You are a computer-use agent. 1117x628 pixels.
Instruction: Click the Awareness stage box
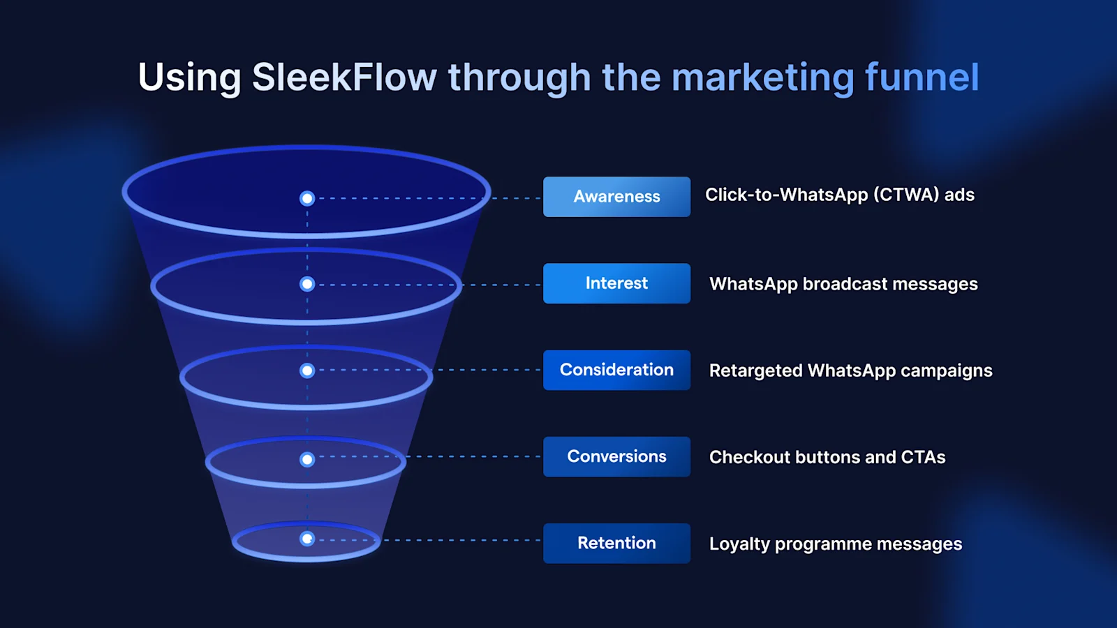(616, 197)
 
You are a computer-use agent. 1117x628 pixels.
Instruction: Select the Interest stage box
(616, 283)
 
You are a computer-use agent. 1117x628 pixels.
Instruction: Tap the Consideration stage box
(616, 370)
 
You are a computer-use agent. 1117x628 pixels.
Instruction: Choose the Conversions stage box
(616, 456)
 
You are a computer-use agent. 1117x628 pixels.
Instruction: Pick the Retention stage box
(616, 543)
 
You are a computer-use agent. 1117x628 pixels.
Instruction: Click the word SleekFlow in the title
(344, 77)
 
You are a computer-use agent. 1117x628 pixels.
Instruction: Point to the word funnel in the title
(922, 77)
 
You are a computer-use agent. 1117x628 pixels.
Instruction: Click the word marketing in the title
(762, 78)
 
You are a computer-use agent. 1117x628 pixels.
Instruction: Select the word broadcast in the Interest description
(845, 284)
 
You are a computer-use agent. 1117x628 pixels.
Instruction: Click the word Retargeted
(755, 371)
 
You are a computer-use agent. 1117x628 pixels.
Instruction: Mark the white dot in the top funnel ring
(307, 198)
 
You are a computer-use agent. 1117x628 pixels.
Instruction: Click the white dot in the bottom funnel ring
(307, 539)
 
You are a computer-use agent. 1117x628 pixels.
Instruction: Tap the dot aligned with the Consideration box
(307, 371)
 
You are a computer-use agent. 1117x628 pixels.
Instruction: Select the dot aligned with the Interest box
(307, 284)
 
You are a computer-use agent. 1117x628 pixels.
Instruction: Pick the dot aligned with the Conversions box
(307, 459)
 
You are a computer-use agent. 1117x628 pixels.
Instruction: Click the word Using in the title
(189, 78)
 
